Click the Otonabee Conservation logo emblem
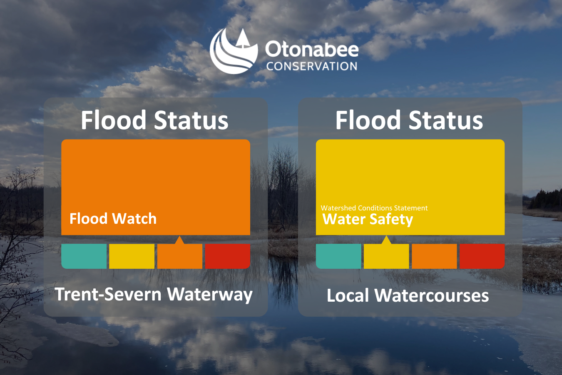coord(234,52)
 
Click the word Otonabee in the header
coord(312,50)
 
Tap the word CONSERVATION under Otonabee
coord(312,66)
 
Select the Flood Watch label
coord(113,218)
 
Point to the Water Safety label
coord(368,219)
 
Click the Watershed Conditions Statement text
coord(374,208)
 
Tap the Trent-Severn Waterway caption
coord(154,294)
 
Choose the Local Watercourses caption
coord(408,295)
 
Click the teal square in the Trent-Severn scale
coord(84,256)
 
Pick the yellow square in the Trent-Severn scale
coord(132,256)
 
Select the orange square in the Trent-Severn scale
coord(180,256)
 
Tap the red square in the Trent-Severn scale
coord(228,256)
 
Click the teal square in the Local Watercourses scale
coord(338,256)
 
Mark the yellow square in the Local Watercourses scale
coord(386,256)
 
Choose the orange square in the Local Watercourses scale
coord(434,256)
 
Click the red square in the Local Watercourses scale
coord(482,256)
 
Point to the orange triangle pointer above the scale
coord(179,240)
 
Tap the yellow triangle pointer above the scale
coord(386,240)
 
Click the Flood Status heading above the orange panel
coord(154,120)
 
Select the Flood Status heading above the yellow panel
coord(409,120)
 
